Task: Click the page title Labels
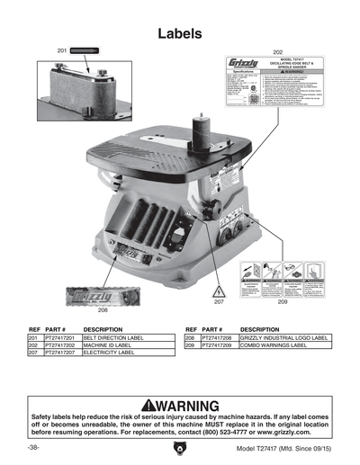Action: tap(179, 33)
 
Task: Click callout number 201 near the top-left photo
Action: tap(61, 51)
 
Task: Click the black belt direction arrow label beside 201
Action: tap(86, 51)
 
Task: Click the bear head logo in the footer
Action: tap(179, 448)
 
